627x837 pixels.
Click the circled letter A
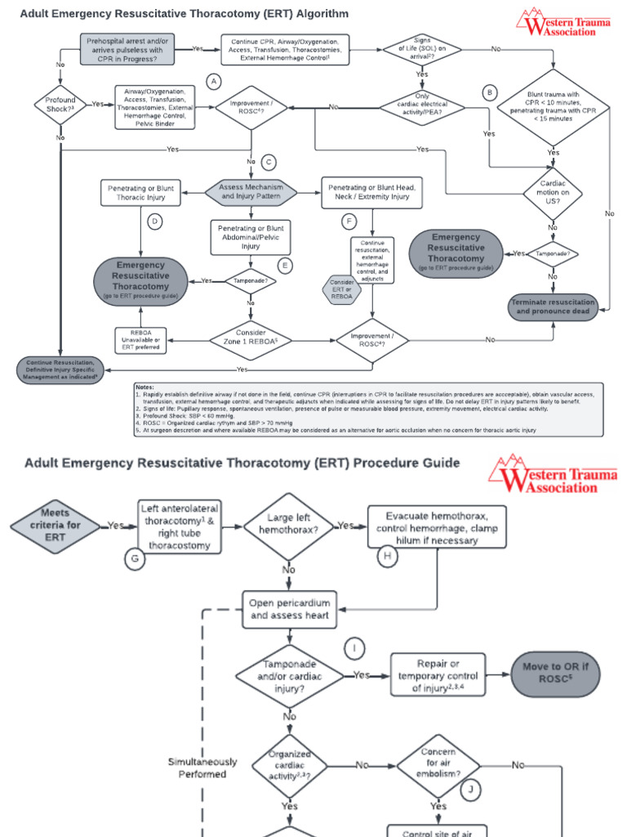(214, 82)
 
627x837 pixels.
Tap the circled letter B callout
(490, 92)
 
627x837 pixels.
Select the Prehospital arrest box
(126, 49)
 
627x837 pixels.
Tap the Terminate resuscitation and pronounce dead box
(553, 307)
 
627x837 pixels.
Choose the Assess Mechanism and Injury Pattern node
(251, 191)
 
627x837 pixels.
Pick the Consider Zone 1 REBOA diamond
(251, 337)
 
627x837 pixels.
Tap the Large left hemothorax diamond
(289, 524)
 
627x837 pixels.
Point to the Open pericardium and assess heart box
(290, 609)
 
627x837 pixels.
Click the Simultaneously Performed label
(202, 768)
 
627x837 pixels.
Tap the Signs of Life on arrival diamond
(422, 49)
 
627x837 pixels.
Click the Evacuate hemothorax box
(438, 527)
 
